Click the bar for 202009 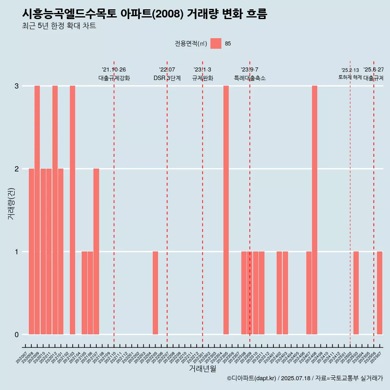37,210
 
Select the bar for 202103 72,210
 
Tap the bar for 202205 155,293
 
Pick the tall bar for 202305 226,210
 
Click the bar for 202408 314,210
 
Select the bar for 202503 356,293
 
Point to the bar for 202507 379,293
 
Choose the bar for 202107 96,251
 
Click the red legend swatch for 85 216,43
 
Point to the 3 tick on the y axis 17,86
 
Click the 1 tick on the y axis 17,252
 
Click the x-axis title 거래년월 202,368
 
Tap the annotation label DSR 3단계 167,78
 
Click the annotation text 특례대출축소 249,78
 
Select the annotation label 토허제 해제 350,77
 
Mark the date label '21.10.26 114,70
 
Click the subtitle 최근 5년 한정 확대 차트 59,26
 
